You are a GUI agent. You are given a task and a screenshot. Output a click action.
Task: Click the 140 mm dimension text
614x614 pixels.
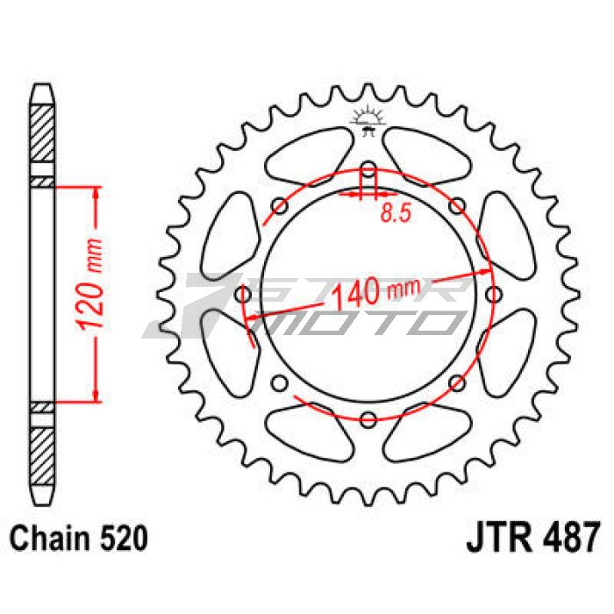pos(376,292)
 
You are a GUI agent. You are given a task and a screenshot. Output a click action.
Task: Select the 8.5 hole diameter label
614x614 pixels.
pos(396,214)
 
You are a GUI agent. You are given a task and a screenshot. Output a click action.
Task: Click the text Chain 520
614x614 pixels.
pos(79,538)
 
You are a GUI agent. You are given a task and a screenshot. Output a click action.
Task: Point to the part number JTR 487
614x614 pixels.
pos(532,537)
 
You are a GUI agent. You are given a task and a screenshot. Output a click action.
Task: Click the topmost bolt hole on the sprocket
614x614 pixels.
pos(368,169)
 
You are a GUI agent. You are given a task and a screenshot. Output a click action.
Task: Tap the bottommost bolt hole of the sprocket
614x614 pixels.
pos(368,419)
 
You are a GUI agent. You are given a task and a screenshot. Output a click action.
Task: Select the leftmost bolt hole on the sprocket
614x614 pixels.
pos(244,295)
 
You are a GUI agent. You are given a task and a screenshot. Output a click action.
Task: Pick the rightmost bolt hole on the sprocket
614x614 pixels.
pos(493,295)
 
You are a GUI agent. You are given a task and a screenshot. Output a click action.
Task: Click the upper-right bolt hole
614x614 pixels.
pos(457,206)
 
